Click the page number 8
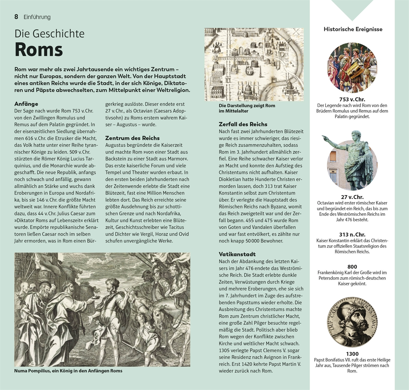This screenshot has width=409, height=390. (16, 17)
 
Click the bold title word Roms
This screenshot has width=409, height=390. (39, 50)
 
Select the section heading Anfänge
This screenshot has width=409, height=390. (26, 104)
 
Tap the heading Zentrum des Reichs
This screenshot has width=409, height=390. (132, 138)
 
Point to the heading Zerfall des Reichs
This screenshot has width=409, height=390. (243, 124)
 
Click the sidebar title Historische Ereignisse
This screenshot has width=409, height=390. (353, 29)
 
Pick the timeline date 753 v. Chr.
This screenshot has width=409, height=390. (352, 99)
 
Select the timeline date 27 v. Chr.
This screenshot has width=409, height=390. (352, 197)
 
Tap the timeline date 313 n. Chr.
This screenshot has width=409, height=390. (352, 235)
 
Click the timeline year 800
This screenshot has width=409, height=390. (352, 267)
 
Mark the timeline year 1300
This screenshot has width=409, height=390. (352, 354)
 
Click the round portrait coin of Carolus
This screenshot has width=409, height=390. (352, 322)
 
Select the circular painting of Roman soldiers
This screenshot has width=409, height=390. (352, 68)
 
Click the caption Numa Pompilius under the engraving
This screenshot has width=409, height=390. (68, 371)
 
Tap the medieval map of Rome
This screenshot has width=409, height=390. (254, 64)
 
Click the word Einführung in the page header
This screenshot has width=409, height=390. (37, 17)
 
